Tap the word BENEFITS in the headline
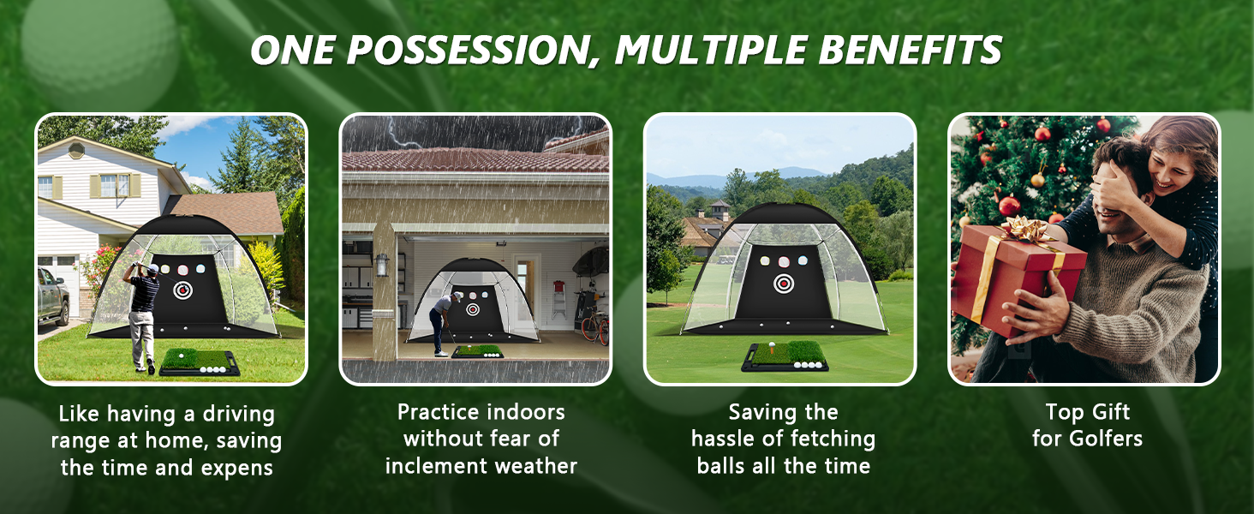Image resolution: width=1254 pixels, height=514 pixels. pos(911,50)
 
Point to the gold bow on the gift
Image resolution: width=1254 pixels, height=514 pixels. pos(1026,230)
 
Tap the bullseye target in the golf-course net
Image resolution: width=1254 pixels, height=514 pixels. pos(784,284)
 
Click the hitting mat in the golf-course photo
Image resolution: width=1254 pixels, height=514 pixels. pos(785,356)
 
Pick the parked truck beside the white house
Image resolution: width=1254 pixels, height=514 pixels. pos(53,297)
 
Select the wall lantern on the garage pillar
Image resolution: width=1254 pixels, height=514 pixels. pos(382,264)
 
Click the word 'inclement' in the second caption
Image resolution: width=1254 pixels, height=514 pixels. pos(436,466)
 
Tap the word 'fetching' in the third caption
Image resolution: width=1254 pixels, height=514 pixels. pos(833,439)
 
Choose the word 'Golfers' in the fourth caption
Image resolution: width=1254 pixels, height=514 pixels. pos(1106,439)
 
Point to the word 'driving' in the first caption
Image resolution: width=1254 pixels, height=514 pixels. pos(238,415)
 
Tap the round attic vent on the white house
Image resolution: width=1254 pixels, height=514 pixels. pos(77,150)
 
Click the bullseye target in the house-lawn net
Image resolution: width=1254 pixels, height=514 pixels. pos(183,290)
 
